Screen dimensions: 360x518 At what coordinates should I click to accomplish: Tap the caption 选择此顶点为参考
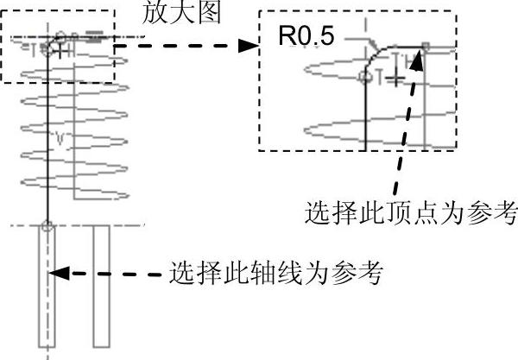(411, 211)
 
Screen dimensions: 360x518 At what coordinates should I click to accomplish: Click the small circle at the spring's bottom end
(47, 226)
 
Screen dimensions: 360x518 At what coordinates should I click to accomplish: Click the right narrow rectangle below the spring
(100, 285)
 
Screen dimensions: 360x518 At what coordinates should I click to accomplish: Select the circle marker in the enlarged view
(364, 78)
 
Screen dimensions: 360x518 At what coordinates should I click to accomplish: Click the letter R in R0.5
(284, 35)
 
